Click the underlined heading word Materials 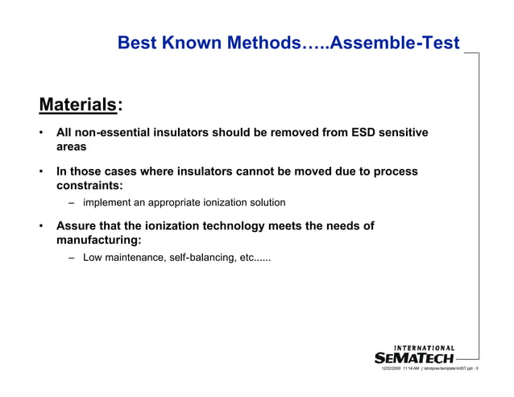[77, 105]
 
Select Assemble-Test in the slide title [395, 43]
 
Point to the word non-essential [115, 133]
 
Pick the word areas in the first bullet [73, 148]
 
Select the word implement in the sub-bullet [109, 202]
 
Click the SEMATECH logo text [414, 358]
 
